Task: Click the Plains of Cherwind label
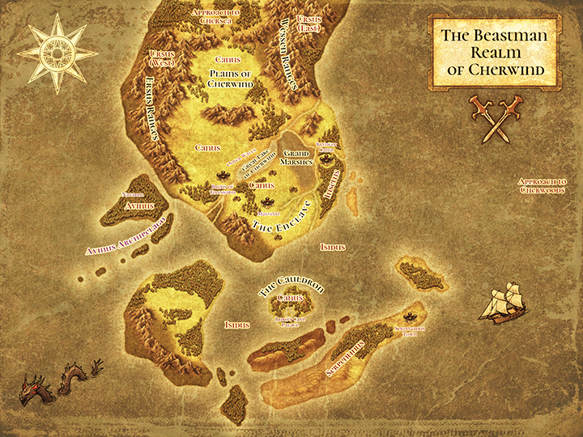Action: [231, 78]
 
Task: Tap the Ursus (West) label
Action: [164, 58]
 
